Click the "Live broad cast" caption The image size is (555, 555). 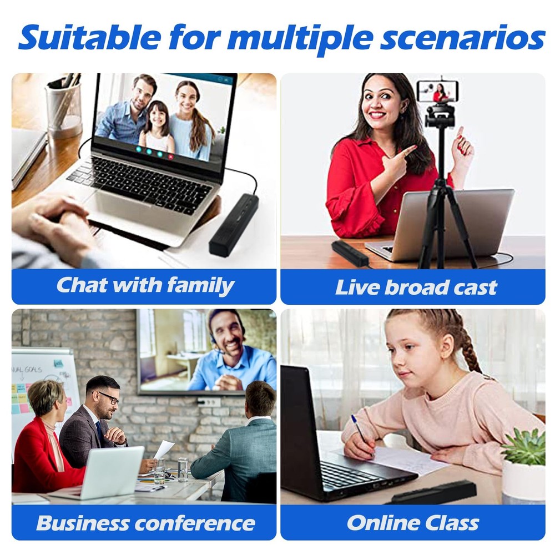pyautogui.click(x=416, y=287)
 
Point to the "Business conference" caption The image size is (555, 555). pyautogui.click(x=145, y=522)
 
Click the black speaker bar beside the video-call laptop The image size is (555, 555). pyautogui.click(x=234, y=225)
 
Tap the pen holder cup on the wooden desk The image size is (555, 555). pyautogui.click(x=64, y=108)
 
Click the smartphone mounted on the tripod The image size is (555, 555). pyautogui.click(x=438, y=91)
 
